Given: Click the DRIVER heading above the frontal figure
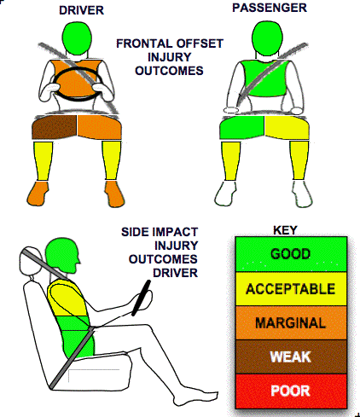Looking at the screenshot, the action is pyautogui.click(x=81, y=10).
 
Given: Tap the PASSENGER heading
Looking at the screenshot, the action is pyautogui.click(x=270, y=8).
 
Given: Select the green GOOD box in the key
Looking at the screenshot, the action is pyautogui.click(x=291, y=254).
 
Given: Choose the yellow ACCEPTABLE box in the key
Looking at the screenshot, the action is pyautogui.click(x=291, y=289).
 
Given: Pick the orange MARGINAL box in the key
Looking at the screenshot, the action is pyautogui.click(x=291, y=322).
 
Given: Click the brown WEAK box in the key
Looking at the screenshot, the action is pyautogui.click(x=291, y=356).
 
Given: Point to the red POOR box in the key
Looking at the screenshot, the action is pyautogui.click(x=291, y=391).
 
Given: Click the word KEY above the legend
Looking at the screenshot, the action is pyautogui.click(x=285, y=230).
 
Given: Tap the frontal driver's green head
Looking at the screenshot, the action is pyautogui.click(x=77, y=38).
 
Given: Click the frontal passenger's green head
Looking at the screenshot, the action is pyautogui.click(x=268, y=38).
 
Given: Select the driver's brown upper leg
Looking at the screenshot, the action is pyautogui.click(x=54, y=127).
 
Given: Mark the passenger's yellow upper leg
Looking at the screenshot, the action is pyautogui.click(x=287, y=127).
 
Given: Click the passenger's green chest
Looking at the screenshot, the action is pyautogui.click(x=264, y=78).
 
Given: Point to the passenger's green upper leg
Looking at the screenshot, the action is pyautogui.click(x=241, y=127).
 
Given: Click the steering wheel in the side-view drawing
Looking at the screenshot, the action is pyautogui.click(x=141, y=298).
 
